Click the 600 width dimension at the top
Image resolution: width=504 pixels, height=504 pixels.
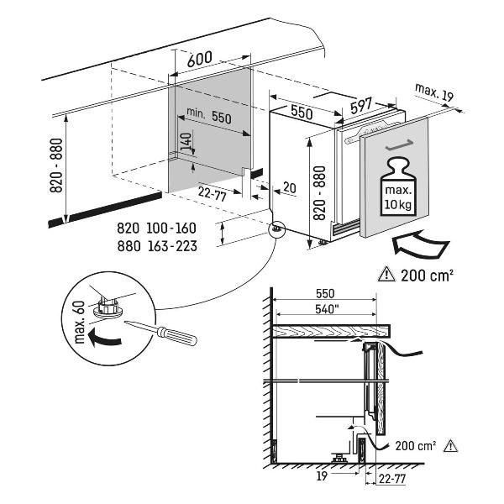[x=199, y=59]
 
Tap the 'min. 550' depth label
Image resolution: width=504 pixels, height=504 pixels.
[x=209, y=116]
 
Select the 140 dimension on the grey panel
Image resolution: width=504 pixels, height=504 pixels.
[x=186, y=142]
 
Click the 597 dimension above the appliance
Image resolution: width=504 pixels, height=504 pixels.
[x=361, y=105]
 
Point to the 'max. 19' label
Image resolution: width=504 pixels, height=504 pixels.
[x=434, y=92]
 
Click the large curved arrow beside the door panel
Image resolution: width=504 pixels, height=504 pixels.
[x=421, y=244]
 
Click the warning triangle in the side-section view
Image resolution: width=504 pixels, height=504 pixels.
[x=450, y=446]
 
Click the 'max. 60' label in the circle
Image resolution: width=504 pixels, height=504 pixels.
[x=79, y=322]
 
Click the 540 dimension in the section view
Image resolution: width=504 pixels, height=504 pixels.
[x=328, y=309]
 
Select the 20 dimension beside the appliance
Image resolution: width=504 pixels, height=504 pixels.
[x=289, y=187]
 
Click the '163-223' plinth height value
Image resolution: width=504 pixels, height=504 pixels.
[x=172, y=246]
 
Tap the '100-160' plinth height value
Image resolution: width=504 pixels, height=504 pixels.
[x=171, y=228]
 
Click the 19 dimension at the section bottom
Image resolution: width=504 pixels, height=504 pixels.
[x=322, y=475]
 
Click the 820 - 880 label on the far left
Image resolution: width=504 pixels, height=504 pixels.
[x=56, y=165]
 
